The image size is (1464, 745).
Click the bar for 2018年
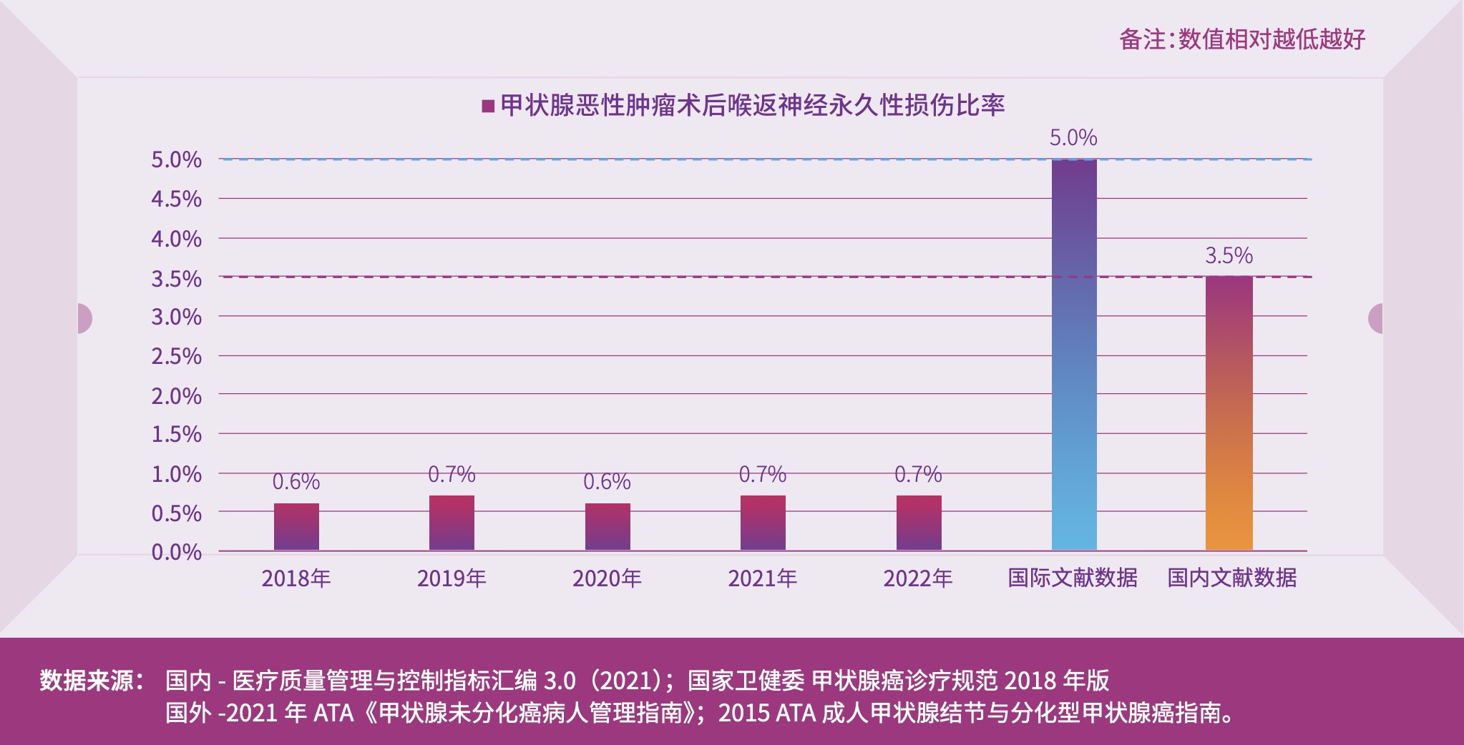296,527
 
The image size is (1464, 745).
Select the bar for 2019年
452,523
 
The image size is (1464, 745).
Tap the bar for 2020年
607,527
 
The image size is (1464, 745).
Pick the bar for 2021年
763,523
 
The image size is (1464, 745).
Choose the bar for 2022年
919,523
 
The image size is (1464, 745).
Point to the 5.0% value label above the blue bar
1073,137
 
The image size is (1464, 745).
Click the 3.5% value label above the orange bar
1229,255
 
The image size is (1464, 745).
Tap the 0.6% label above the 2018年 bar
296,482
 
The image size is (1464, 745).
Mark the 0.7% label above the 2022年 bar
918,474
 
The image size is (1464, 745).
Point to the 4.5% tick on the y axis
176,199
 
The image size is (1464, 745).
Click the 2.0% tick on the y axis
176,395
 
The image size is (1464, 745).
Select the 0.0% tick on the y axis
176,552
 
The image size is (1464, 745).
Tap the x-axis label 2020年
607,578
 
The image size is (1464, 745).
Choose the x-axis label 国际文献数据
1073,578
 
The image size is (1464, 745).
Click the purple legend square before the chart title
489,107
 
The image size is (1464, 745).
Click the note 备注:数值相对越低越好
1242,39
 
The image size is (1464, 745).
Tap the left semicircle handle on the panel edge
84,318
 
